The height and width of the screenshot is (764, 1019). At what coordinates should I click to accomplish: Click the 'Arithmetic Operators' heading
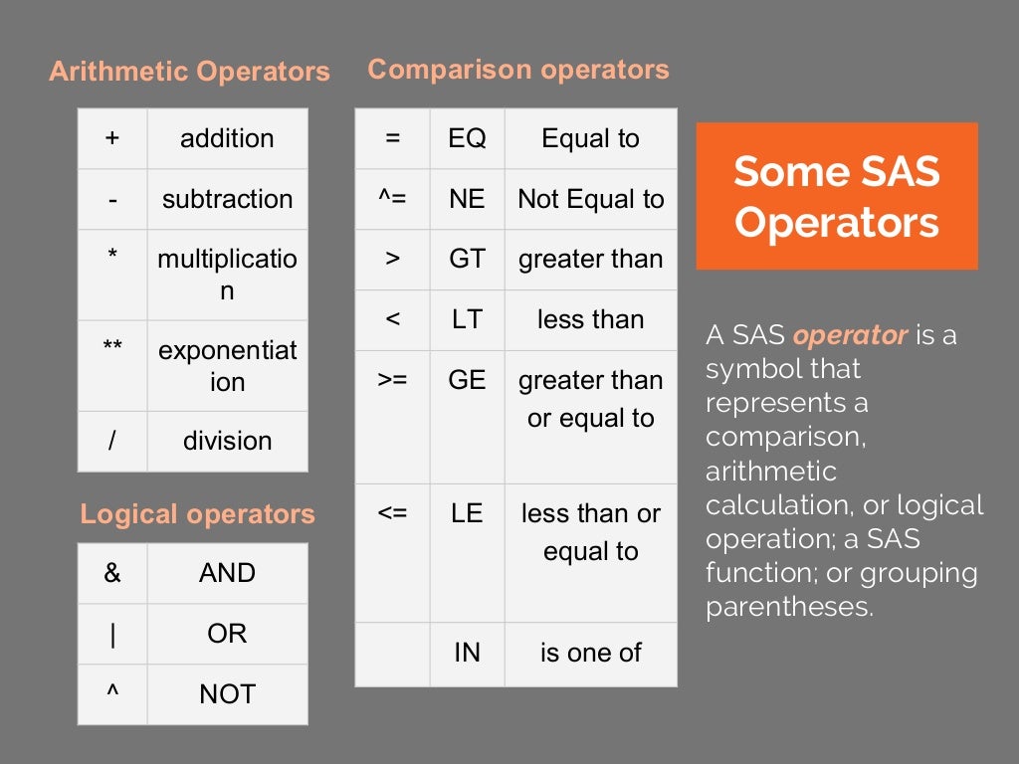(189, 72)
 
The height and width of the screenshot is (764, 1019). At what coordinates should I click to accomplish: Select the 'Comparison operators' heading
(518, 70)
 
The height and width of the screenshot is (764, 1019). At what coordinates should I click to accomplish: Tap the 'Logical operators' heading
(197, 514)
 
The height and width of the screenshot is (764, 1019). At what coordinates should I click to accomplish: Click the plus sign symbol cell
(112, 138)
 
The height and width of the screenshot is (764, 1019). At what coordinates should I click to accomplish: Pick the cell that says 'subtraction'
(228, 199)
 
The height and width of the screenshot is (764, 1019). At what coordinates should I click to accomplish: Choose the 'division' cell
(228, 441)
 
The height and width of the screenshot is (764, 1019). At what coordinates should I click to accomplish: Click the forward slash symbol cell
(112, 441)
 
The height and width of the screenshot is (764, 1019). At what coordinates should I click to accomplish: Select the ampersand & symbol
(112, 573)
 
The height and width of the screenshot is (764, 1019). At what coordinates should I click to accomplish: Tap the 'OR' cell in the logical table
(228, 634)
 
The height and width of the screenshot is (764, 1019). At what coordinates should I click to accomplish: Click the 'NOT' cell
(228, 694)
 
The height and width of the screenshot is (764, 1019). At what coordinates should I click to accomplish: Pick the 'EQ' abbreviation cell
(467, 138)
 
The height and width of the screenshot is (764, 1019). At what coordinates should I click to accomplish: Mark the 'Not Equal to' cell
(591, 199)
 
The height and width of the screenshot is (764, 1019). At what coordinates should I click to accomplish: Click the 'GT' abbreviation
(467, 259)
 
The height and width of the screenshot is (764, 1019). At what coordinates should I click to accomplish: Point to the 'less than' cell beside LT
(591, 319)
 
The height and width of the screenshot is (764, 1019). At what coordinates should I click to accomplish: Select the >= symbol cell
(392, 380)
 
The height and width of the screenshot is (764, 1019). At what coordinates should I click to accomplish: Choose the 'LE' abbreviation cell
(467, 513)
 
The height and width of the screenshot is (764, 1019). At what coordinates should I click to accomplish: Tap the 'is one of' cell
(591, 653)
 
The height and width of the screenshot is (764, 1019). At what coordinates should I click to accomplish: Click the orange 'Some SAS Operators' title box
(837, 196)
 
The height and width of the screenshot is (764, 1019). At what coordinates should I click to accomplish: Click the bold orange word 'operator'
(851, 335)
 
